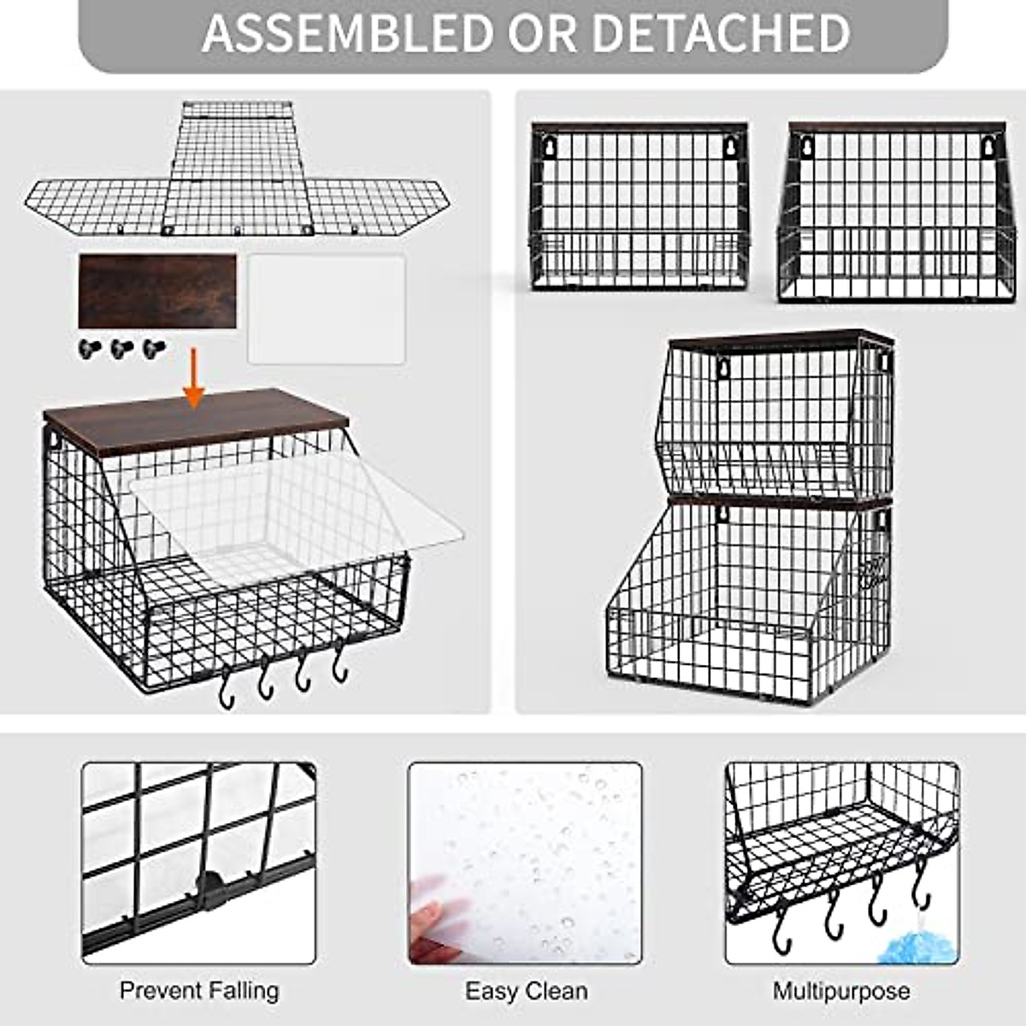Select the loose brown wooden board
click(157, 291)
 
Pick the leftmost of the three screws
click(89, 348)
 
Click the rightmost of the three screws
click(154, 348)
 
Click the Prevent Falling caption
click(199, 991)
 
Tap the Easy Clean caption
click(526, 991)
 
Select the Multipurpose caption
click(841, 991)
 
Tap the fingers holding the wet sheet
click(436, 919)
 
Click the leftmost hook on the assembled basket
click(227, 689)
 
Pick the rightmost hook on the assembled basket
click(340, 663)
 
